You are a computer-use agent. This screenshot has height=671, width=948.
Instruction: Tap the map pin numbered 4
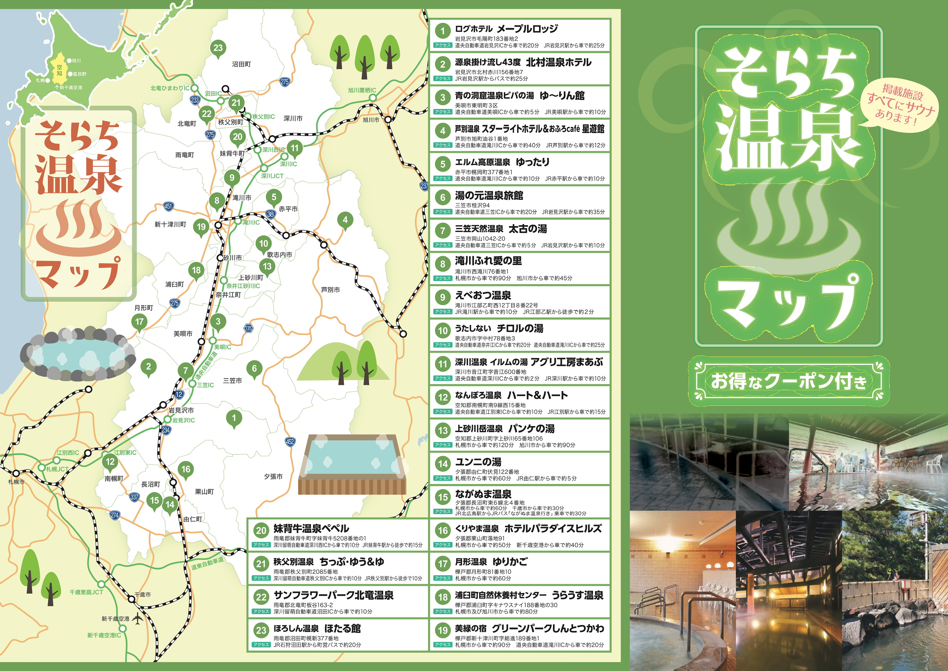tap(345, 220)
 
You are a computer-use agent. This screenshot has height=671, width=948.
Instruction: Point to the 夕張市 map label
tap(273, 477)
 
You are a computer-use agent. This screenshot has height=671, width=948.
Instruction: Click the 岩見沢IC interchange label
tap(183, 420)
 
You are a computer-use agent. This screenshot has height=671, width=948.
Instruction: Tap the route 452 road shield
tap(290, 442)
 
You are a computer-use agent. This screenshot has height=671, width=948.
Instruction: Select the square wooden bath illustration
tap(352, 464)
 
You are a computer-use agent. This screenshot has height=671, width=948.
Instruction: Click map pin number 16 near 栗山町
tap(186, 469)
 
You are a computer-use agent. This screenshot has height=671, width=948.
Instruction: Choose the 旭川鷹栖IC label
tap(362, 90)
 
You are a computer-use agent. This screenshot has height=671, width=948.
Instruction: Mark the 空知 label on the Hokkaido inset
tap(59, 70)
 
